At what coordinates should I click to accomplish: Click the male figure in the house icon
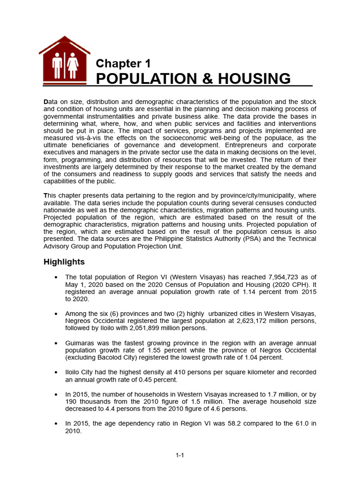[57, 65]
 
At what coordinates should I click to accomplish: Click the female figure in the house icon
[73, 65]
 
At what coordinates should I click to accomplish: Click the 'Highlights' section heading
[64, 262]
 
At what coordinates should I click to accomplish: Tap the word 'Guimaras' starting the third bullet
[81, 343]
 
